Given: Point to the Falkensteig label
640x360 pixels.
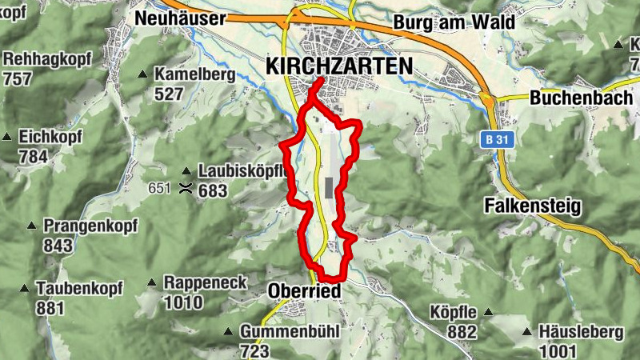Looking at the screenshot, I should [x=533, y=206].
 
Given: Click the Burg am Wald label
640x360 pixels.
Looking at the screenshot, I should [x=453, y=22].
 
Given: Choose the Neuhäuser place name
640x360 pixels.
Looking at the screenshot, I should [x=181, y=18].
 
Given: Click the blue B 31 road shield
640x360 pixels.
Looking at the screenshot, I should [x=497, y=139].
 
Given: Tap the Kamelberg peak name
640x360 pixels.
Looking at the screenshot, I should [x=195, y=75].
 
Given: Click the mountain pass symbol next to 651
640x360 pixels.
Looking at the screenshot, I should [x=186, y=189].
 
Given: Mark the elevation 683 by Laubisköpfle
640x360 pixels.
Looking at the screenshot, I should [x=214, y=190].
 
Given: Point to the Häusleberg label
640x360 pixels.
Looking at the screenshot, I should [x=569, y=331].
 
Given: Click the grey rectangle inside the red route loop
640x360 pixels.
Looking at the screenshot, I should [x=329, y=188].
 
